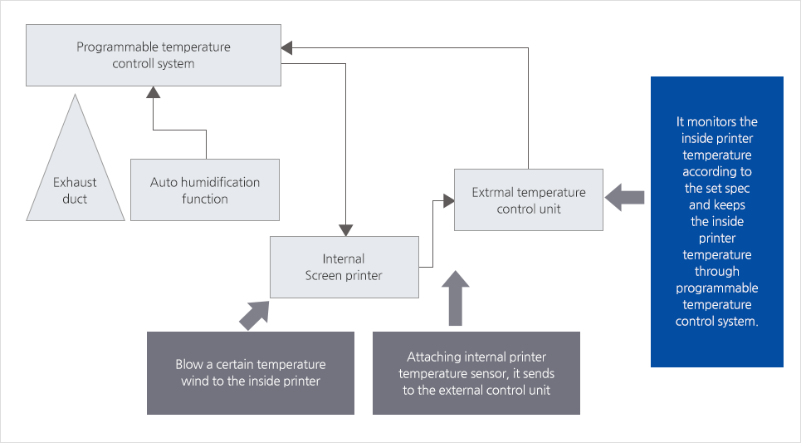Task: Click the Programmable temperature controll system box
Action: pos(154,56)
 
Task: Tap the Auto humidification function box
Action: pos(205,190)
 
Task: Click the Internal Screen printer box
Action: pos(344,267)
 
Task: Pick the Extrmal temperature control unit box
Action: pos(528,200)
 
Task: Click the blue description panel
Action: pos(716,221)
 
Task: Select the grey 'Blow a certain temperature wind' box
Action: pos(250,372)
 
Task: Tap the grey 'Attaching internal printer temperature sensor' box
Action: pos(476,373)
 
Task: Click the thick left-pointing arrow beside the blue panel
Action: pos(624,197)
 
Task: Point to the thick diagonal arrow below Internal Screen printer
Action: pos(254,313)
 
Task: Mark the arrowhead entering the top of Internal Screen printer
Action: pos(344,229)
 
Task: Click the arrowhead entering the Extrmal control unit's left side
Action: pos(447,199)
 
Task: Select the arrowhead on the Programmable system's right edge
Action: pos(287,49)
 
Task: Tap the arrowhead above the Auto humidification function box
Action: pos(153,94)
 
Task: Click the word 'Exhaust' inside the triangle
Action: pos(75,182)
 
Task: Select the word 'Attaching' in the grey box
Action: pos(433,357)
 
